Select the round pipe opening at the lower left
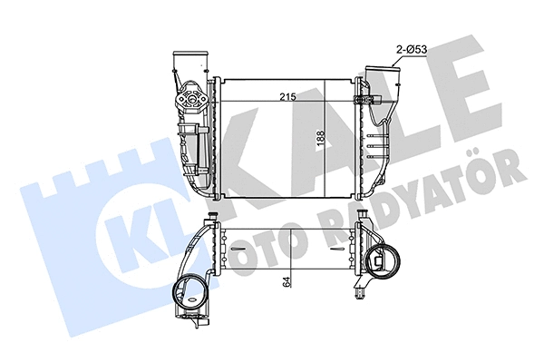(x=188, y=292)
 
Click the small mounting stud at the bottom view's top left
(x=210, y=218)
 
